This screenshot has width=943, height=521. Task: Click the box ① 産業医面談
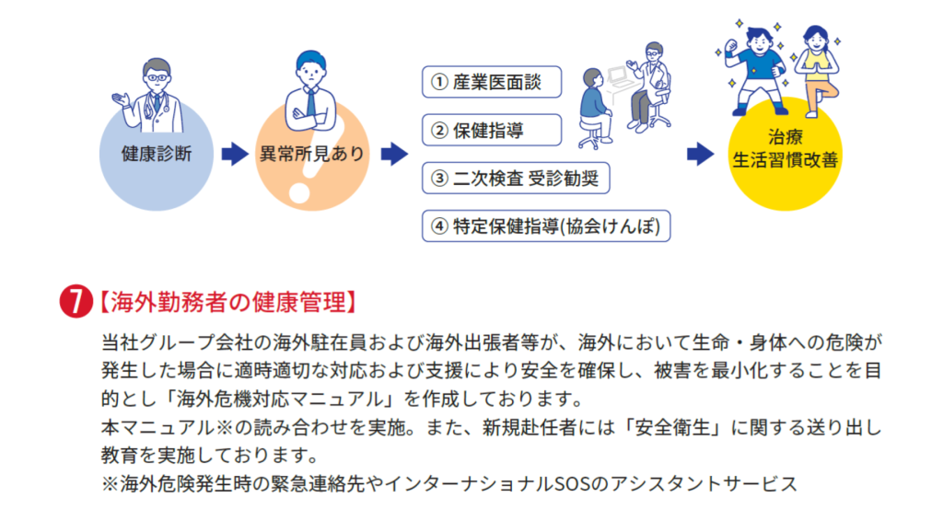(492, 82)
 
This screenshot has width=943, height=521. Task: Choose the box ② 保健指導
(492, 130)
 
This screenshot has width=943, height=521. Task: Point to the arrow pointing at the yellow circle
(702, 154)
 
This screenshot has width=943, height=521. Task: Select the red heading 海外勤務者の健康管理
(227, 303)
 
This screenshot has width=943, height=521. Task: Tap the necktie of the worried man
(310, 103)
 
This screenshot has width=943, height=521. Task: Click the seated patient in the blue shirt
(595, 106)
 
